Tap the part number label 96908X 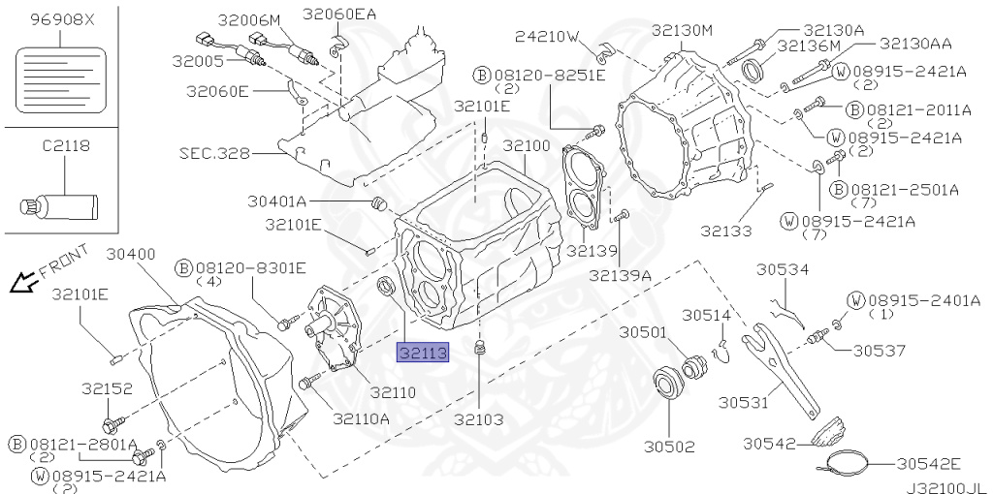[60, 19]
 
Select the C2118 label [65, 146]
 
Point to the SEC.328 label [213, 153]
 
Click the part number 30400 [130, 254]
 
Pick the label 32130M [689, 31]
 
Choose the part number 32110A [361, 418]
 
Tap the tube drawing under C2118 [59, 205]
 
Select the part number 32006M [247, 19]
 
